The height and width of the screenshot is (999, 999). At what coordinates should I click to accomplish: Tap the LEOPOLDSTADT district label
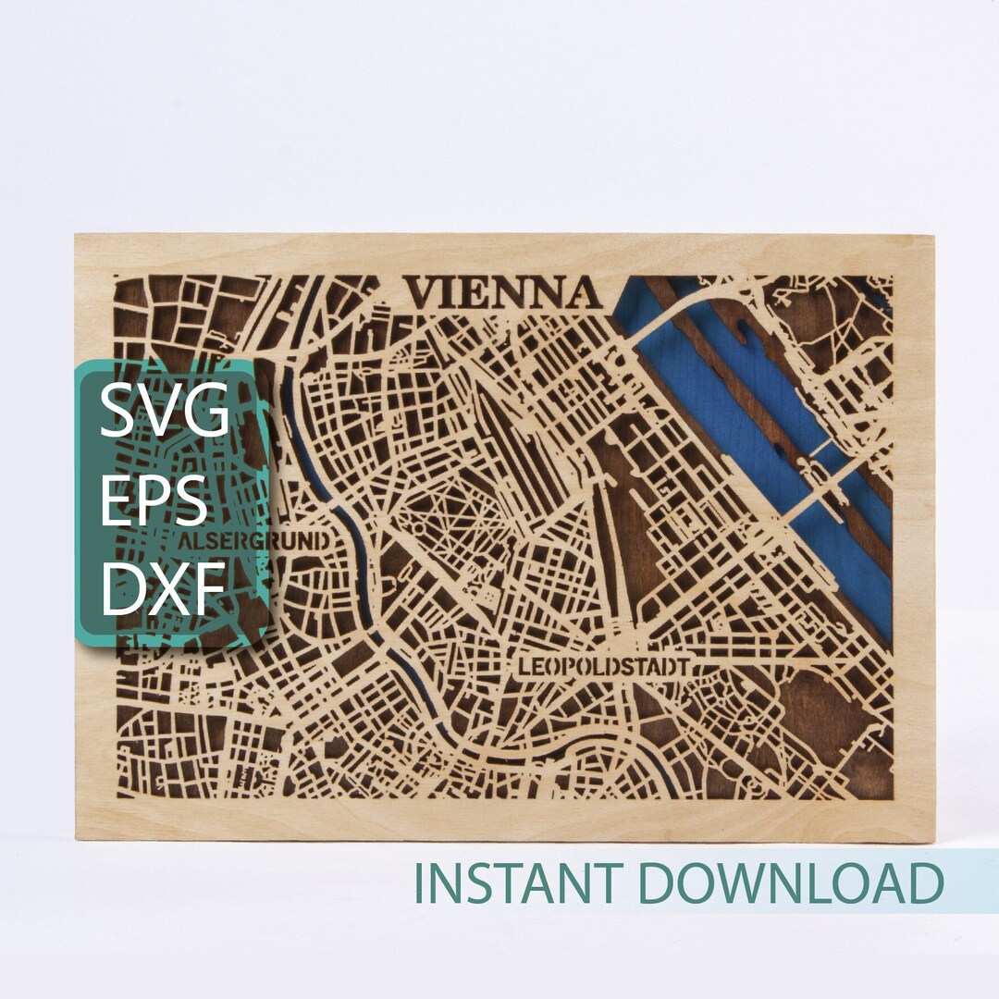[603, 667]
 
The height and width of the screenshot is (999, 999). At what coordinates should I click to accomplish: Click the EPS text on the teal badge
[153, 500]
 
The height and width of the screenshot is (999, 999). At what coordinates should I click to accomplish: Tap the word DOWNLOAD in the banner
[792, 883]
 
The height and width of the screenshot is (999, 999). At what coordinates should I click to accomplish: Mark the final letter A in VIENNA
[580, 293]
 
